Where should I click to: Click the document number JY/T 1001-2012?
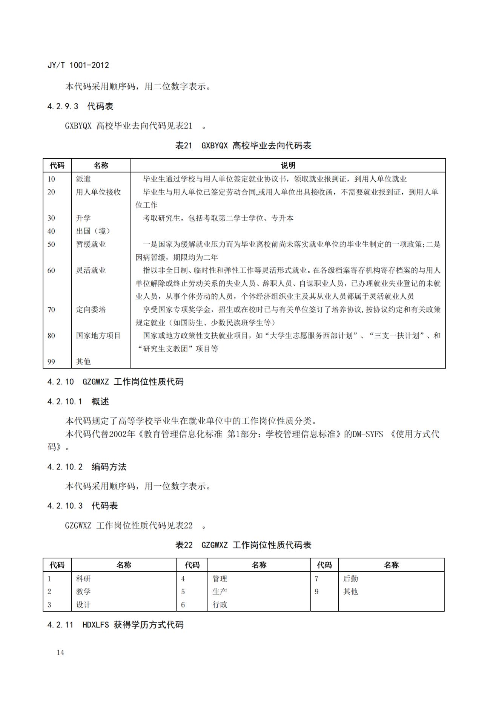point(78,65)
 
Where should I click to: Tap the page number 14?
point(60,652)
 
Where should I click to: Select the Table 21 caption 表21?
point(184,145)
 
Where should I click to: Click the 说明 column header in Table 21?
point(288,165)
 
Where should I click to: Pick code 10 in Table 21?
point(51,179)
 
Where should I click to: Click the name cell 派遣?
point(83,179)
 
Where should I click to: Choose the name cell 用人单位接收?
point(98,192)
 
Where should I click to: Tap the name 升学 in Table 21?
point(83,218)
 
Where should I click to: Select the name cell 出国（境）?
point(93,231)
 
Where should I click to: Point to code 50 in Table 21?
point(51,244)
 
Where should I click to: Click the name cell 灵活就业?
point(91,271)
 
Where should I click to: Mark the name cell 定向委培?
point(91,310)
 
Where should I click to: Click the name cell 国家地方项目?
point(98,336)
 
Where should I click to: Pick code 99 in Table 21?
point(51,362)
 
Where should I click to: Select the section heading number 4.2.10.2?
point(65,467)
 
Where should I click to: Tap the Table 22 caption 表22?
point(184,545)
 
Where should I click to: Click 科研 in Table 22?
point(83,578)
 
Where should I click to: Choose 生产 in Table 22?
point(220,592)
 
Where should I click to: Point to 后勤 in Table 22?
point(350,578)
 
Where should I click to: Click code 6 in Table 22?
point(183,605)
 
